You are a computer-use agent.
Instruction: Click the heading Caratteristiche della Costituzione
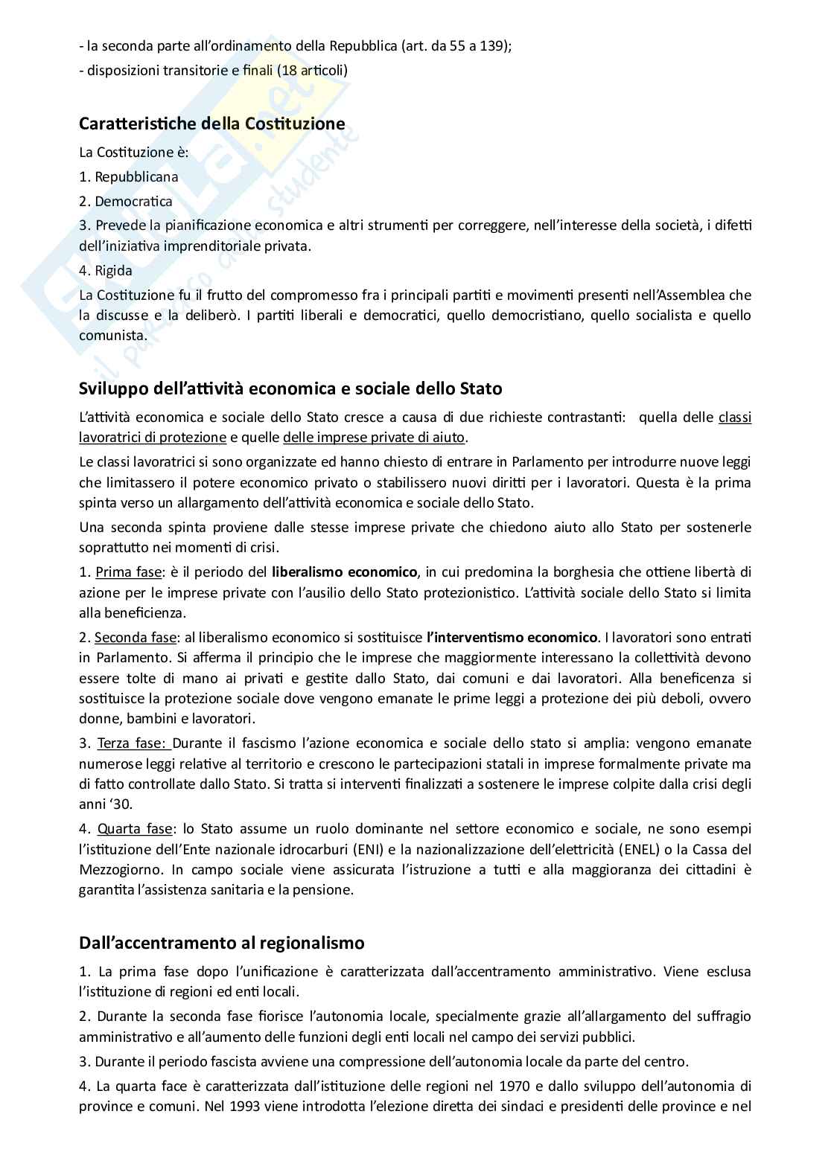click(x=212, y=124)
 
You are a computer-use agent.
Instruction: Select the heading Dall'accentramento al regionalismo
click(x=222, y=943)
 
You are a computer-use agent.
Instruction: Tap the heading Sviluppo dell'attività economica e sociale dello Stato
click(x=290, y=388)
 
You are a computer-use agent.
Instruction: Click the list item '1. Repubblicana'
click(x=129, y=177)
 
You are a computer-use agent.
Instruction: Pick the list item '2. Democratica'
click(x=126, y=201)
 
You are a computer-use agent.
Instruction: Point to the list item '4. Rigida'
click(x=106, y=271)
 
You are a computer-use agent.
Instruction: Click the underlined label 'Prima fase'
click(x=128, y=572)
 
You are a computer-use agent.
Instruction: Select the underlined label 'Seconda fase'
click(x=136, y=638)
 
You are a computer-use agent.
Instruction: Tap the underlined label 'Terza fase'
click(x=134, y=743)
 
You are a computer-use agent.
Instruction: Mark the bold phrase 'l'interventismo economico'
click(x=512, y=638)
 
